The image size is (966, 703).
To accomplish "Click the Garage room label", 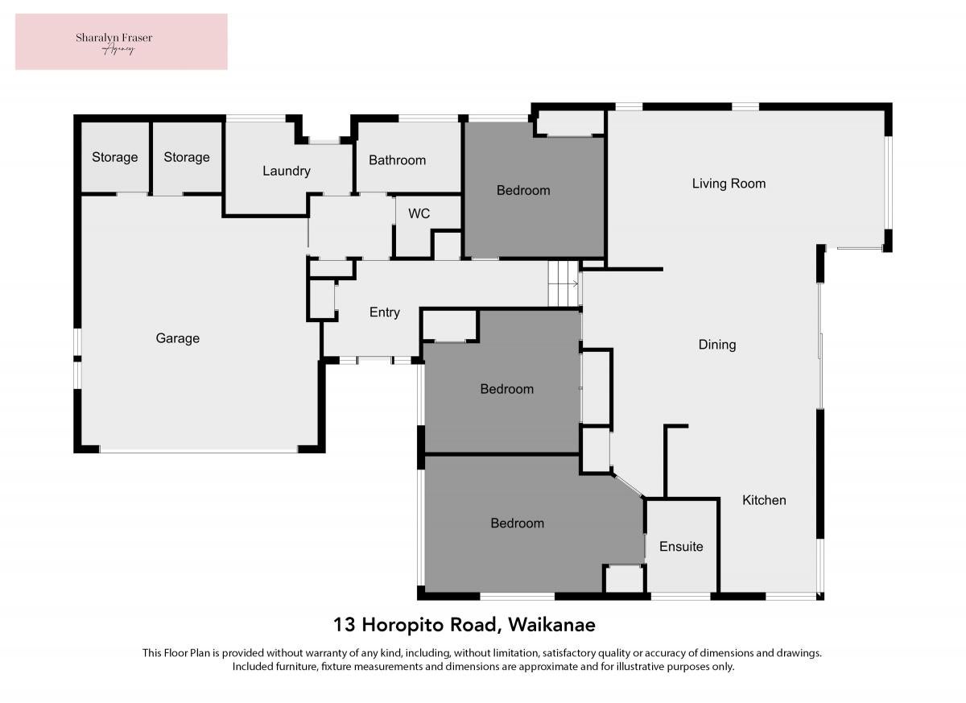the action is click(x=178, y=338).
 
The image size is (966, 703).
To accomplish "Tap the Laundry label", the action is click(x=287, y=172).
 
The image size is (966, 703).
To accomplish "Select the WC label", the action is click(x=419, y=213).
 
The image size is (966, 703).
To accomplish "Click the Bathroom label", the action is click(x=397, y=160).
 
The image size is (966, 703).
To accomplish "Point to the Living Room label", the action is click(x=729, y=184).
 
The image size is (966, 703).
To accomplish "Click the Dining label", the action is click(x=717, y=345).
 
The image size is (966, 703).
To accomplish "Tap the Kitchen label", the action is click(x=764, y=500).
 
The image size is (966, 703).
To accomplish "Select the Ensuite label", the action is click(x=681, y=547).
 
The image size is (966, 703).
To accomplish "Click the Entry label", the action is click(x=384, y=312).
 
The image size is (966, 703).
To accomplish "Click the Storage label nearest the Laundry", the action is click(x=187, y=157).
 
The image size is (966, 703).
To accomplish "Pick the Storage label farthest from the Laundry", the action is click(x=114, y=157).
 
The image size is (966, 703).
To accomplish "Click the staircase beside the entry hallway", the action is click(x=563, y=283).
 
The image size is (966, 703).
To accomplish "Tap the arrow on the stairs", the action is click(x=576, y=283).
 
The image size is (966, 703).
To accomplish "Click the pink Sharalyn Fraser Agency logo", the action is click(x=122, y=42).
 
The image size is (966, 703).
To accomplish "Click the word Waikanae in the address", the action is click(x=551, y=625).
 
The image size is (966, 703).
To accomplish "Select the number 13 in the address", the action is click(x=345, y=625).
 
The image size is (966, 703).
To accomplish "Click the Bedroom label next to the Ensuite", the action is click(x=517, y=523).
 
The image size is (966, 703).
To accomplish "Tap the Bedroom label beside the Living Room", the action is click(x=523, y=191).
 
